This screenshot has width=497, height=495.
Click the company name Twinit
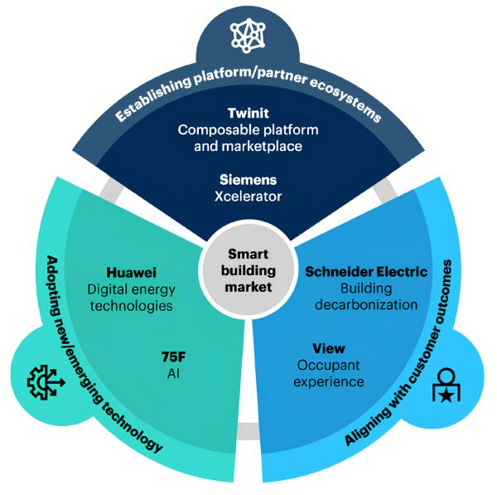(x=248, y=114)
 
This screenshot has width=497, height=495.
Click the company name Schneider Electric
(x=366, y=271)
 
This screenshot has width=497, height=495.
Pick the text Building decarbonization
(x=366, y=296)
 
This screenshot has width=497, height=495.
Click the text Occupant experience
(x=330, y=373)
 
